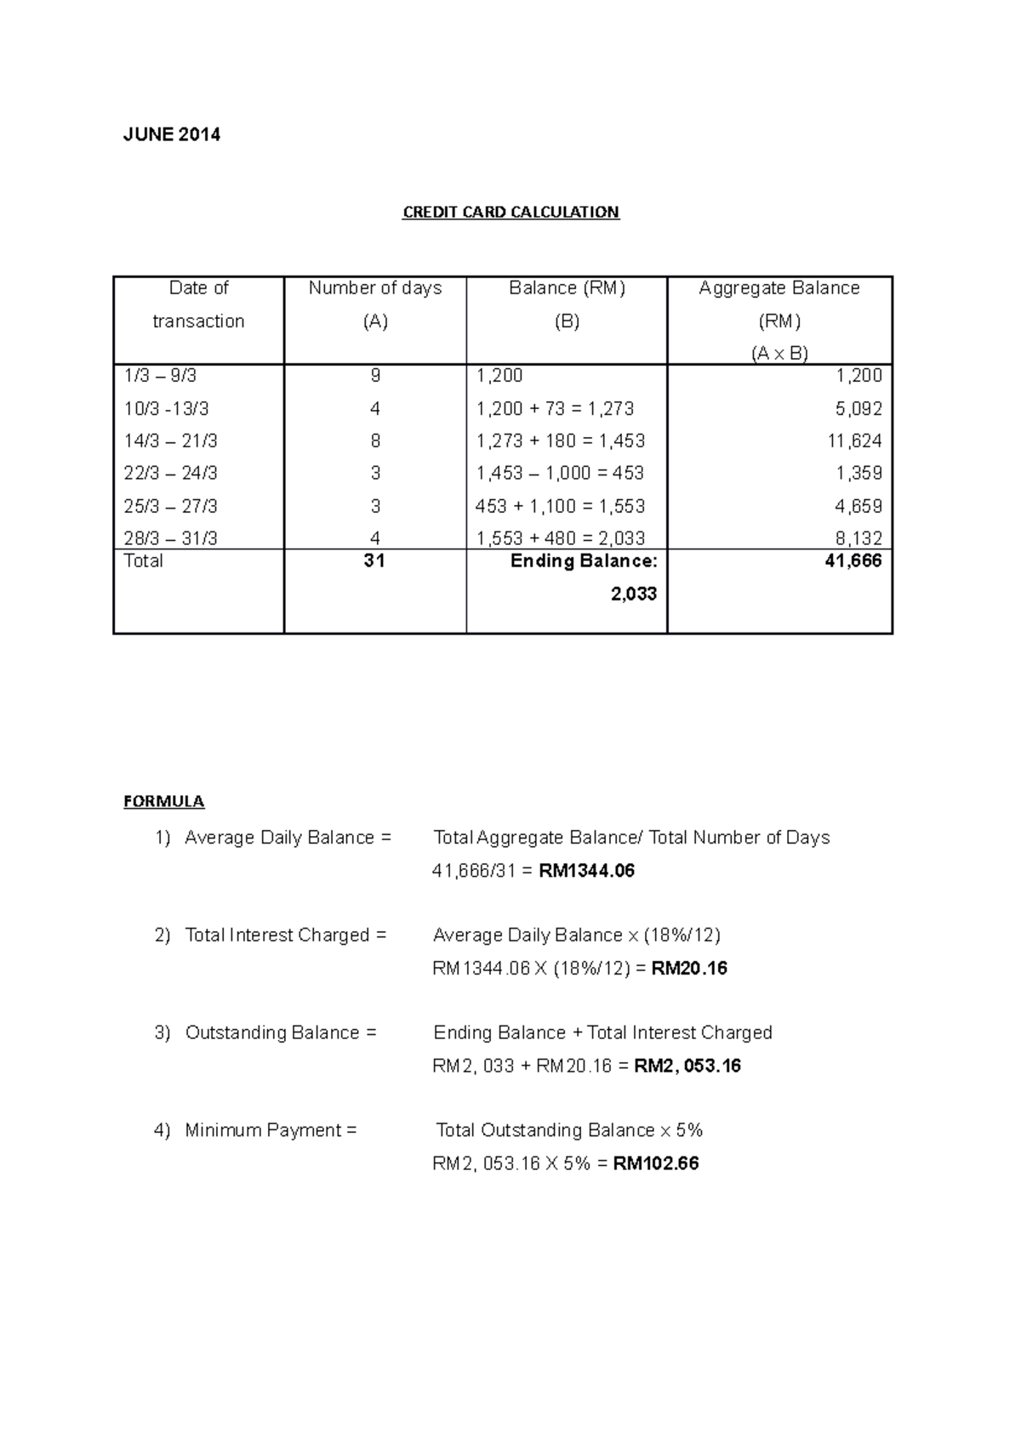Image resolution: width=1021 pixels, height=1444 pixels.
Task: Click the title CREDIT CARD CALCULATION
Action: point(510,212)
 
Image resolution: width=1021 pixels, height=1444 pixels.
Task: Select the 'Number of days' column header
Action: point(374,288)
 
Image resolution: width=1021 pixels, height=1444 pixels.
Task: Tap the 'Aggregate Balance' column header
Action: point(779,288)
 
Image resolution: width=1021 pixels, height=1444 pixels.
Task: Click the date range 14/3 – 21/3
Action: point(170,441)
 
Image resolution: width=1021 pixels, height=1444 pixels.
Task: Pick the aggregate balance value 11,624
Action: point(853,441)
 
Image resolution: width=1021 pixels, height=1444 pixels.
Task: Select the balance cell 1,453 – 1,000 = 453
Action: point(560,473)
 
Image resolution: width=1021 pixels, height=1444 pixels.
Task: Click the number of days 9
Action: point(375,376)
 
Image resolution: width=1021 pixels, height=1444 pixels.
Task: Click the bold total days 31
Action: point(374,561)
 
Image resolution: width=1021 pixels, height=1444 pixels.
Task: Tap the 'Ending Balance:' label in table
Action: point(583,561)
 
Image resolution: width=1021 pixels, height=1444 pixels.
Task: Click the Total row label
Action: point(143,561)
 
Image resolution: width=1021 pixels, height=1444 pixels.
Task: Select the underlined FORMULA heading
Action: point(163,801)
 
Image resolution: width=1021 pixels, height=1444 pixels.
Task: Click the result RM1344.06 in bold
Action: point(586,871)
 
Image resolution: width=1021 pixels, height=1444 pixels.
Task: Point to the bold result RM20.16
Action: point(688,969)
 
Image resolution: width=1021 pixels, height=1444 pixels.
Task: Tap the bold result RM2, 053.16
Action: point(687,1066)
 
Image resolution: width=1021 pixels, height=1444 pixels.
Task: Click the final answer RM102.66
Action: point(655,1163)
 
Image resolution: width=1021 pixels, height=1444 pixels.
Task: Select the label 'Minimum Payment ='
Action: point(271,1130)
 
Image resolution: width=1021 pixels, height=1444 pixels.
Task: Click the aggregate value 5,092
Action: point(858,409)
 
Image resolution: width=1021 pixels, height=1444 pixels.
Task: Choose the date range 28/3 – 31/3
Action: point(170,538)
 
